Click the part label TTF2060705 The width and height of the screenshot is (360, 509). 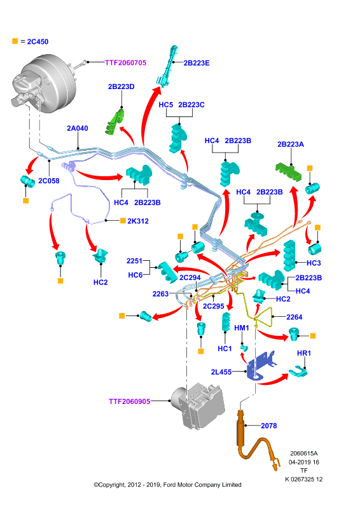[126, 62]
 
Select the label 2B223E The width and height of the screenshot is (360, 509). [197, 63]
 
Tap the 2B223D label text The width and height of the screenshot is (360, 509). [121, 87]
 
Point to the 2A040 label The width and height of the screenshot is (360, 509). [77, 129]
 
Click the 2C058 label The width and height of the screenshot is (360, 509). [49, 181]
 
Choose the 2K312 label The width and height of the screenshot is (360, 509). [138, 221]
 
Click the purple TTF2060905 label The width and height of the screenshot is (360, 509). [130, 401]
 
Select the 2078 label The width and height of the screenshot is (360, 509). [269, 426]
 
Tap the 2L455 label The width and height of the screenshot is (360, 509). [221, 372]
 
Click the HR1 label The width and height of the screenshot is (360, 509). [304, 353]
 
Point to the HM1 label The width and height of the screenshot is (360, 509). [242, 328]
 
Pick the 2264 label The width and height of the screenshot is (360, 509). [294, 317]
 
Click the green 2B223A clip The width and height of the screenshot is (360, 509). [289, 172]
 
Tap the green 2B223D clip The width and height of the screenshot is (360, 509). [114, 123]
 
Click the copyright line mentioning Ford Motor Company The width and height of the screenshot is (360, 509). [167, 485]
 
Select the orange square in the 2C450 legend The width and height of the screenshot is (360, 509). [15, 41]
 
